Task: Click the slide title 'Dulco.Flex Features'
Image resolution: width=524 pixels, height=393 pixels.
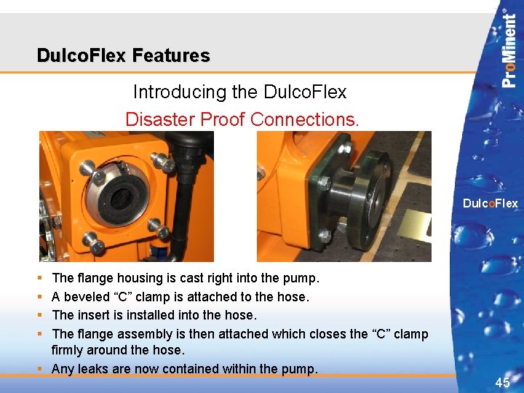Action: (x=124, y=55)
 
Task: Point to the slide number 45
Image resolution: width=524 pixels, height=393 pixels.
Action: (x=502, y=382)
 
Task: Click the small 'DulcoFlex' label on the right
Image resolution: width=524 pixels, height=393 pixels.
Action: (x=491, y=204)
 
